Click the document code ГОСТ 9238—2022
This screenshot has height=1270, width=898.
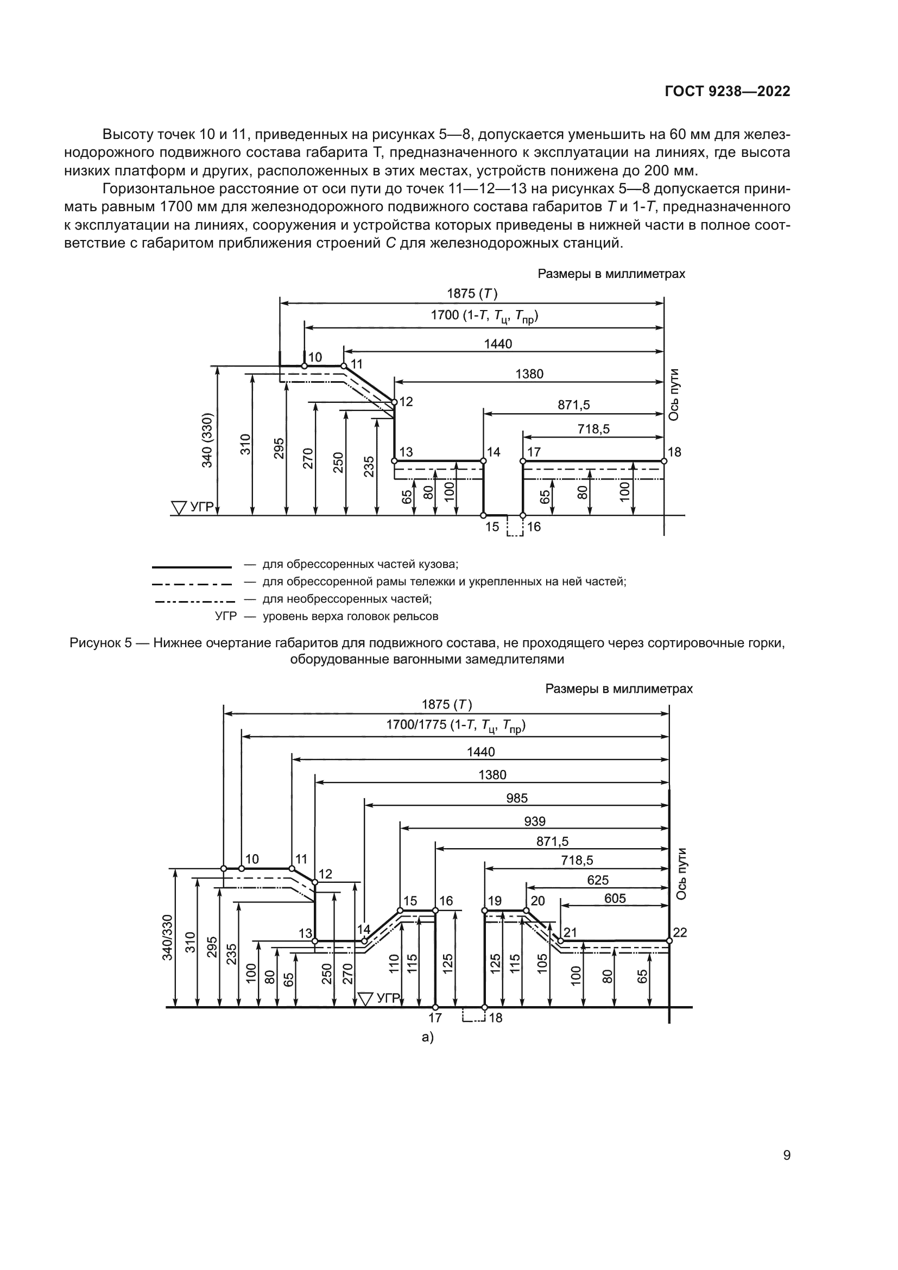727,91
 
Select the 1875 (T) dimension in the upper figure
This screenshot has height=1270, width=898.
472,294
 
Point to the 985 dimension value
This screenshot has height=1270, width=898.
516,798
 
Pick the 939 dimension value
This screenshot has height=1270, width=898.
534,821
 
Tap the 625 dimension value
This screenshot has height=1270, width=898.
598,880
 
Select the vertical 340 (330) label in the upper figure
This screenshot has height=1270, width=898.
207,440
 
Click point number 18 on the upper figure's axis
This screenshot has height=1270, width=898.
675,452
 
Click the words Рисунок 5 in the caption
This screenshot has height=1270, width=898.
101,643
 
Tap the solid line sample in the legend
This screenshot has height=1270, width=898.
191,567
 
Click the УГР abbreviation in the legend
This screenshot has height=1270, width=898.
225,616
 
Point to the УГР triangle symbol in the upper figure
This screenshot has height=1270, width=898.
179,507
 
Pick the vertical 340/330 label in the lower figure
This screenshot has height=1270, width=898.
167,937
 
